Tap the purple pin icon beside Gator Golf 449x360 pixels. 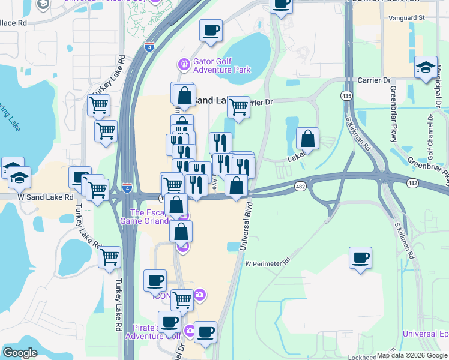pos(184,63)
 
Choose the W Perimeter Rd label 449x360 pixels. pos(267,262)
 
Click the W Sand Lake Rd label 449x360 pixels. pos(46,196)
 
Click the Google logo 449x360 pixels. pos(20,353)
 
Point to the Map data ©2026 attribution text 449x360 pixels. pos(412,355)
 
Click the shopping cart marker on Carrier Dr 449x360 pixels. pos(238,107)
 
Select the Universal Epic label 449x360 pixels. pos(426,334)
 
